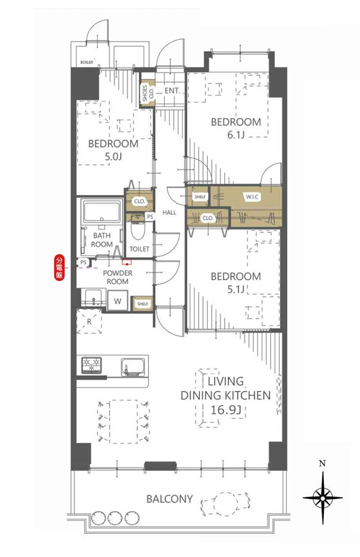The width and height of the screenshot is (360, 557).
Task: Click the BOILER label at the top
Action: click(87, 62)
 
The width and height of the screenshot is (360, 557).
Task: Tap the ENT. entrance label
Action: click(173, 91)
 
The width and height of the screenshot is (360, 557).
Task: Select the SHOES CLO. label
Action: click(148, 93)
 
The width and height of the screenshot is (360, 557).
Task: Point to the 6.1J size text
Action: click(236, 135)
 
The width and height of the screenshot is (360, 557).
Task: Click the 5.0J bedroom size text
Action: click(113, 156)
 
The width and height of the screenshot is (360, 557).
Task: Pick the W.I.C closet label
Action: click(252, 196)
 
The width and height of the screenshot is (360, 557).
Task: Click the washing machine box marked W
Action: click(117, 301)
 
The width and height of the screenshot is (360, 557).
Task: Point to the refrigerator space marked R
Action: click(89, 322)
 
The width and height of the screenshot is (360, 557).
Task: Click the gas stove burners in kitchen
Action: click(91, 365)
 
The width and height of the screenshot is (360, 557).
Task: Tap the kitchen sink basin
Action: click(133, 366)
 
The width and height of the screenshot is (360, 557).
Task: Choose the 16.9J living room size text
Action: click(226, 410)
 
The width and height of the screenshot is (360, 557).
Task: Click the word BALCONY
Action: click(170, 499)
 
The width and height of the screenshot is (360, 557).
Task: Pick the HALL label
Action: click(170, 212)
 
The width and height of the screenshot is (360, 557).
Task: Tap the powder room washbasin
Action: click(93, 297)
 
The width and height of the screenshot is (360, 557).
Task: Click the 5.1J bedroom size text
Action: click(236, 289)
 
